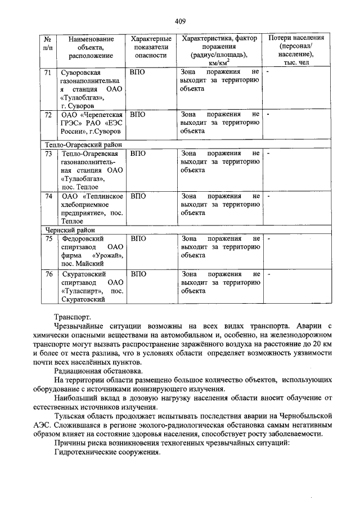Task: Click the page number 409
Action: point(180,21)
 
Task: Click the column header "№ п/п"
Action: point(48,47)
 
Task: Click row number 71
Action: point(48,73)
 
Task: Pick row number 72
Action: point(48,114)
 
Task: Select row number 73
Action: point(48,153)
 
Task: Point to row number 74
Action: point(48,196)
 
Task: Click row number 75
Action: point(48,239)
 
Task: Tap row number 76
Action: point(48,274)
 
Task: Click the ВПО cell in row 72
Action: point(138,114)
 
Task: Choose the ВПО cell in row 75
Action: point(138,239)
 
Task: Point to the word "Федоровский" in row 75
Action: point(82,239)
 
